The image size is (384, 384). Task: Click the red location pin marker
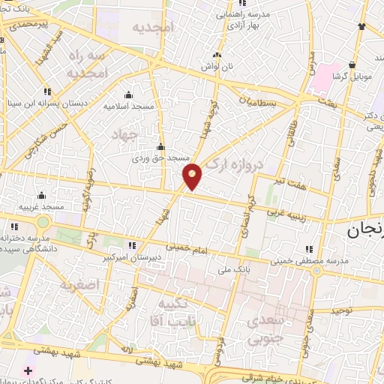(x=193, y=177)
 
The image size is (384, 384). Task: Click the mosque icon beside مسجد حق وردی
(x=160, y=147)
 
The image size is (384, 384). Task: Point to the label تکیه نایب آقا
(x=165, y=310)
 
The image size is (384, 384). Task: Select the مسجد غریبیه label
(x=42, y=206)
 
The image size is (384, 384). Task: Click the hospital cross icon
(x=28, y=370)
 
